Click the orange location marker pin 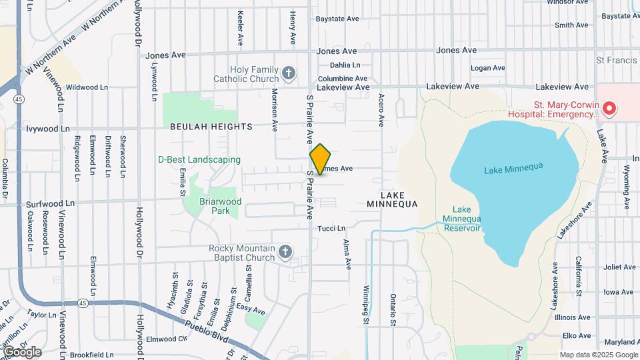pyautogui.click(x=320, y=159)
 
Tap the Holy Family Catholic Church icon pyautogui.click(x=289, y=73)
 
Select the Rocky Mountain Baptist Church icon pyautogui.click(x=285, y=252)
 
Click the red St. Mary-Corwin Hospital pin pyautogui.click(x=608, y=108)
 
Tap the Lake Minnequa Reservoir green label pyautogui.click(x=462, y=218)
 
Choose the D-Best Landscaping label pyautogui.click(x=199, y=159)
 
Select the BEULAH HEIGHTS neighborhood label pyautogui.click(x=211, y=126)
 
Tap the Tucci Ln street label pyautogui.click(x=331, y=229)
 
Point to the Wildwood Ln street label pyautogui.click(x=87, y=87)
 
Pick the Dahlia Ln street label pyautogui.click(x=345, y=65)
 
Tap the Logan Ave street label pyautogui.click(x=487, y=68)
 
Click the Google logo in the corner pyautogui.click(x=22, y=352)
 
